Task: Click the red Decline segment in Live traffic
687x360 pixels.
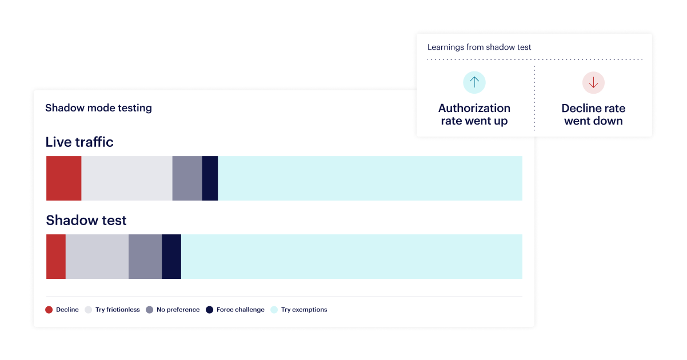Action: click(x=64, y=178)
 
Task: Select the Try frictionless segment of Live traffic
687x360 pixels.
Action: click(x=127, y=178)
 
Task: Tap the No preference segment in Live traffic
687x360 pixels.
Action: click(x=187, y=178)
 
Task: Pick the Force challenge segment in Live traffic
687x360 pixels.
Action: click(x=210, y=178)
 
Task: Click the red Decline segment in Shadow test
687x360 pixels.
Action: click(x=56, y=257)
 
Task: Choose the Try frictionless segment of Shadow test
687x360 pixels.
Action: click(x=97, y=257)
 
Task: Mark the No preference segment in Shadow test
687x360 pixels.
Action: click(x=145, y=257)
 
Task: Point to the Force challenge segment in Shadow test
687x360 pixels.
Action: click(x=171, y=257)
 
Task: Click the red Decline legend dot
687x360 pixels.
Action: click(x=49, y=310)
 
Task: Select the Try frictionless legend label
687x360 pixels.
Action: click(x=118, y=310)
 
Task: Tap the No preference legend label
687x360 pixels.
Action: click(x=178, y=310)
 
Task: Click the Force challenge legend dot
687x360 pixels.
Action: click(x=210, y=310)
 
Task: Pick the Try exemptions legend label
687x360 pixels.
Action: click(x=304, y=310)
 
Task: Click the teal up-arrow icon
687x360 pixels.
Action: click(x=474, y=82)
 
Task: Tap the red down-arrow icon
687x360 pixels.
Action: click(x=593, y=82)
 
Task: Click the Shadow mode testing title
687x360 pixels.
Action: click(x=98, y=108)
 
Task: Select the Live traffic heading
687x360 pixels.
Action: click(x=79, y=142)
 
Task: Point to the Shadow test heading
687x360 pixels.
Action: click(x=86, y=220)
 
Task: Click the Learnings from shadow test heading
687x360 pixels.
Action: click(x=479, y=47)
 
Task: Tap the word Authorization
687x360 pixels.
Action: click(x=474, y=108)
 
